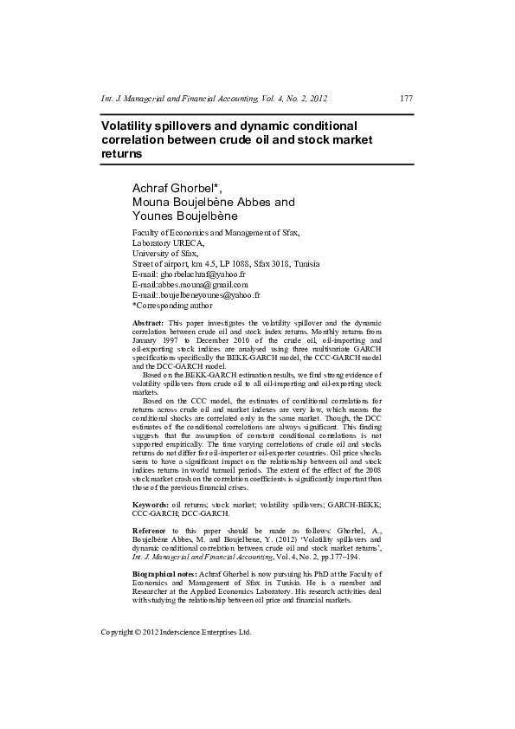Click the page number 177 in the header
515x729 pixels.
(x=405, y=99)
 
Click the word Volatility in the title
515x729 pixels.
(x=130, y=125)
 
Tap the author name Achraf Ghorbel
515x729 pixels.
(x=174, y=188)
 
